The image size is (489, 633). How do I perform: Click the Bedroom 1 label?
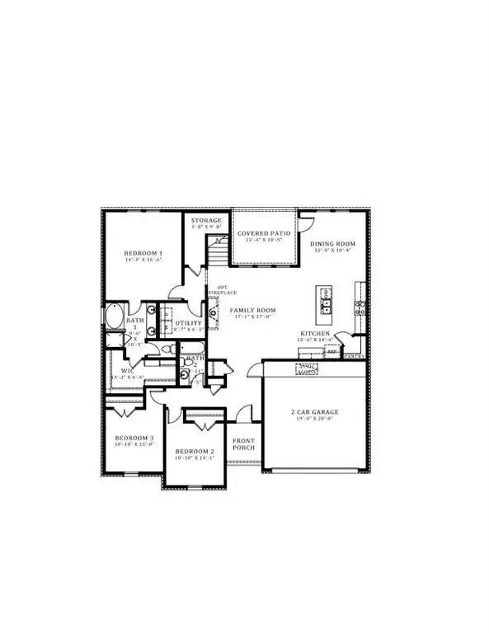[x=143, y=253]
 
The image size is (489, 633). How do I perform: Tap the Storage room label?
[x=206, y=221]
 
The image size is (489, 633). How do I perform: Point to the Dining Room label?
[x=332, y=244]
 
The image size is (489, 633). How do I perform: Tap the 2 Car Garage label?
[x=314, y=411]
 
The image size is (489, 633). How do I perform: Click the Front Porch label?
[x=243, y=446]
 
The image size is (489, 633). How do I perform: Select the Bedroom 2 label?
[x=195, y=452]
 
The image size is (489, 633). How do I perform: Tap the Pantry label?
[x=354, y=356]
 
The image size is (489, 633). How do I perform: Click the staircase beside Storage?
[x=217, y=249]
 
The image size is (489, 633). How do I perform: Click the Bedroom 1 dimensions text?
[x=143, y=260]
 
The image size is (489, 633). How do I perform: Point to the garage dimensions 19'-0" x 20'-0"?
[x=314, y=419]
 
